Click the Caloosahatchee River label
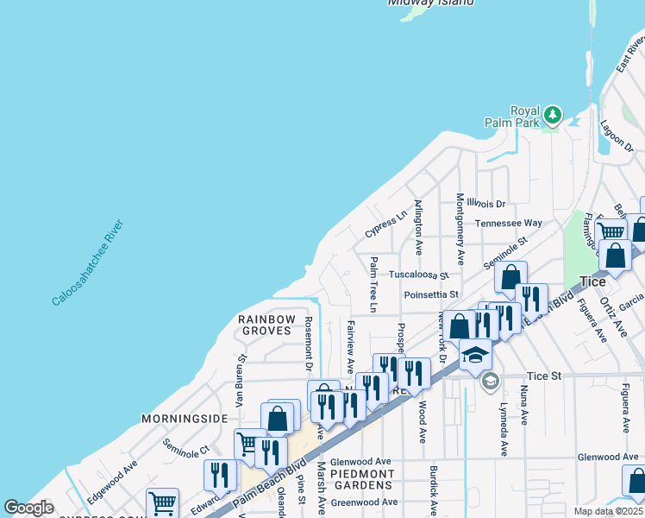click(x=88, y=263)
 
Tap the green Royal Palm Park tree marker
click(x=552, y=114)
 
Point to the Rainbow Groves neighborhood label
click(x=266, y=325)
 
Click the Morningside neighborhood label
click(x=185, y=419)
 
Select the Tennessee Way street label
click(x=509, y=223)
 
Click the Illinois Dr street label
click(x=488, y=204)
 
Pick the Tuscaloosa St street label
click(x=419, y=275)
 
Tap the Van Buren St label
click(x=241, y=372)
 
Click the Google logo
click(x=28, y=508)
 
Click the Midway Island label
click(x=430, y=3)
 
